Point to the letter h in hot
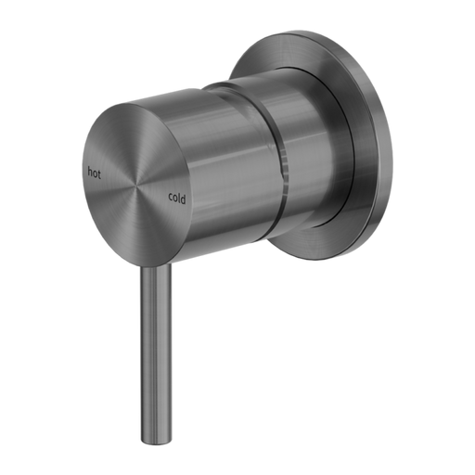(89, 172)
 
